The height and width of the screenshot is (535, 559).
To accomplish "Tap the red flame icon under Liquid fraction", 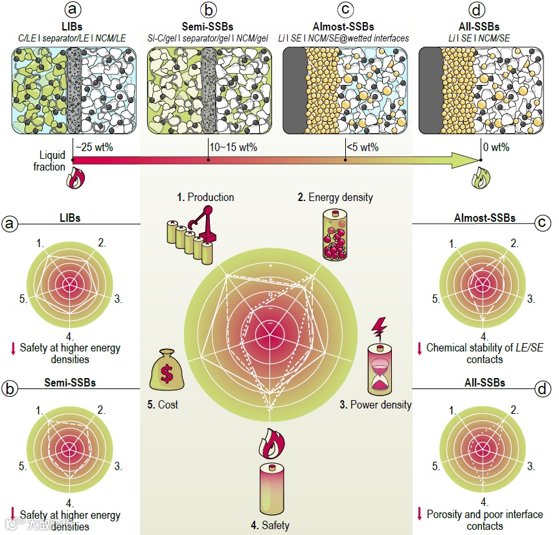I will pos(74,178).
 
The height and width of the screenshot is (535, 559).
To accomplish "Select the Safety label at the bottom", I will pos(271,525).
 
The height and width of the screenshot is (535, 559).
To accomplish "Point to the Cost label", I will pos(163,405).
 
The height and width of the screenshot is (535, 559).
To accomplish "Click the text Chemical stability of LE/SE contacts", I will pos(484,353).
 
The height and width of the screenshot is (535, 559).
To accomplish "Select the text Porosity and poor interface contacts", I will pos(484,519).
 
